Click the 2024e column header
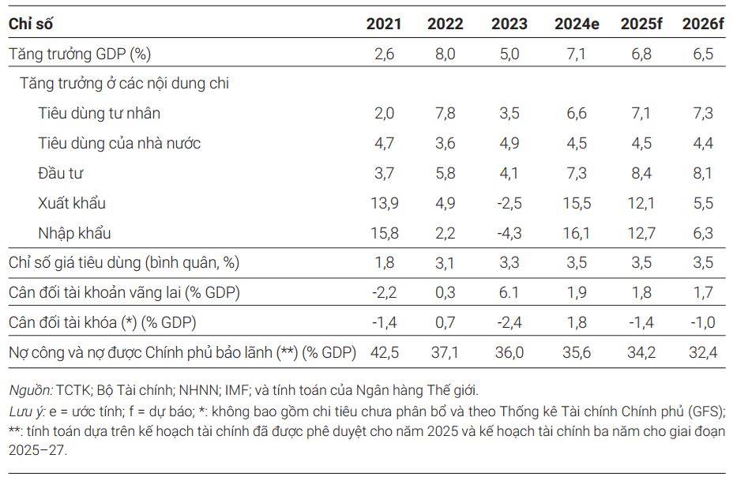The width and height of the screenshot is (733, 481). point(577,24)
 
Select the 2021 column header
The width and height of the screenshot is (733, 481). point(384,24)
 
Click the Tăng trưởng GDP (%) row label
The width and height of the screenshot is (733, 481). point(79,54)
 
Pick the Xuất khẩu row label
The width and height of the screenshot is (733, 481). point(72,203)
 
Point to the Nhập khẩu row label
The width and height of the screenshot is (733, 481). point(74,233)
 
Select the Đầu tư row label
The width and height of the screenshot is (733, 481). point(61,173)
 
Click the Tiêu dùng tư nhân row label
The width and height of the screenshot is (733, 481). point(99,113)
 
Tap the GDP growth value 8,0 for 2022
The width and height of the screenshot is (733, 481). point(445,54)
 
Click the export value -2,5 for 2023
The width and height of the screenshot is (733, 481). point(509,203)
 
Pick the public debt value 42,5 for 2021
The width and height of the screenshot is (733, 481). point(384,352)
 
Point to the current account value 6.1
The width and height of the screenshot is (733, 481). point(509,293)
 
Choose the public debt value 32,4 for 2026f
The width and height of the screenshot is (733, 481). point(702,352)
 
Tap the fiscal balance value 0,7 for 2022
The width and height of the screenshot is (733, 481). point(445,322)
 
